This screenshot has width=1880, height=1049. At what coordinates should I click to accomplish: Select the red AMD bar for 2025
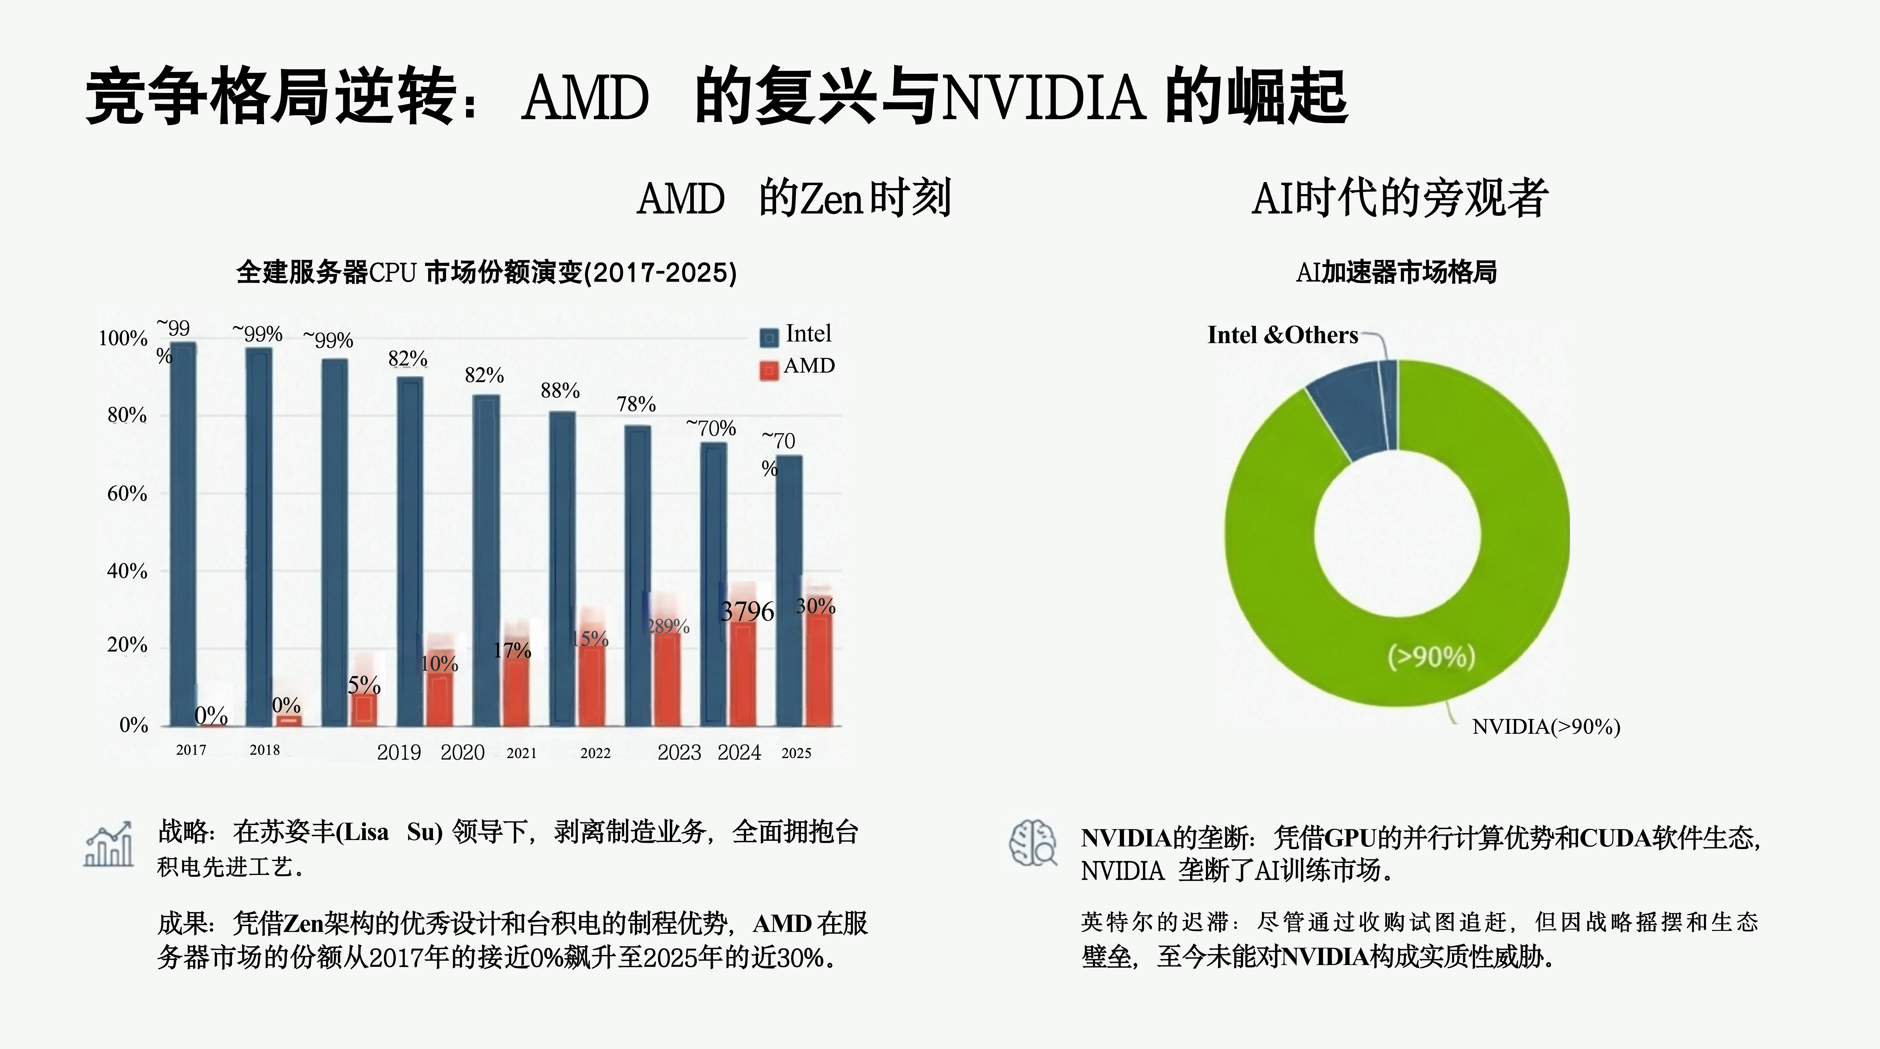click(819, 667)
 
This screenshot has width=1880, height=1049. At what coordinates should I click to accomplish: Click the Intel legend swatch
click(769, 338)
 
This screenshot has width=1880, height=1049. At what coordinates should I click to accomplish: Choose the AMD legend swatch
click(769, 371)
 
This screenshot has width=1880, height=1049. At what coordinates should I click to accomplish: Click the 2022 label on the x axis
click(595, 753)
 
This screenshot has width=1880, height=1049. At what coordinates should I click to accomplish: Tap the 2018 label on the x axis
click(264, 750)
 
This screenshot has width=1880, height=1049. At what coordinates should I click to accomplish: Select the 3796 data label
click(747, 611)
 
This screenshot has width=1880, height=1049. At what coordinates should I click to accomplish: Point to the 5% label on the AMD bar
click(364, 685)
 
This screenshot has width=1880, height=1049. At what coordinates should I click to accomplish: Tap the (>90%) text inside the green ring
click(1431, 657)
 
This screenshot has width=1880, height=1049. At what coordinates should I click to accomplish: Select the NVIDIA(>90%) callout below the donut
click(1546, 727)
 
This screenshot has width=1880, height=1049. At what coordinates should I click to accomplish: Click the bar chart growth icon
click(109, 844)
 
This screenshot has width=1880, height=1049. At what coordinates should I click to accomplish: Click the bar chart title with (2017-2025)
click(486, 272)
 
